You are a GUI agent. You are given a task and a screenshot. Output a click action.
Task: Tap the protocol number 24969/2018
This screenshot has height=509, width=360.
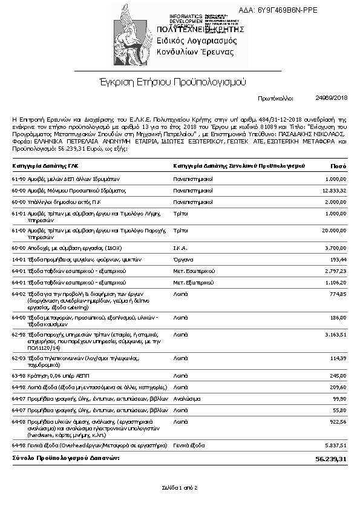(332, 97)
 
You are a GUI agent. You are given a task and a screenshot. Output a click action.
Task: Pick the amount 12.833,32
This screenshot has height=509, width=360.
(334, 190)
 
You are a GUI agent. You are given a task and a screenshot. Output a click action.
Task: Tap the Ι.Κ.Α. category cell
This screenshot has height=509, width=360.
(181, 248)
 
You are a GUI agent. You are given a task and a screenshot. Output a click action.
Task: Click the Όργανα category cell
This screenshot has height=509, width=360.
(182, 258)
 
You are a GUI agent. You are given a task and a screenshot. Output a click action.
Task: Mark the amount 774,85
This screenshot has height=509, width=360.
(338, 294)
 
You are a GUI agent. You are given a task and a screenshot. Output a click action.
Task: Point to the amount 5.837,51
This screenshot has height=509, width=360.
(335, 445)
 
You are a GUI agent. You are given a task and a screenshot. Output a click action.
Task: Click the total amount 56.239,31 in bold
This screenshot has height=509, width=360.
(331, 459)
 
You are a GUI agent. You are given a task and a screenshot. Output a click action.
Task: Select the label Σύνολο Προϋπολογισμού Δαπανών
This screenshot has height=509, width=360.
(66, 458)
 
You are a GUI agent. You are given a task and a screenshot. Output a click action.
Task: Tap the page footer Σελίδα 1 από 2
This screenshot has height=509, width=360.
(180, 487)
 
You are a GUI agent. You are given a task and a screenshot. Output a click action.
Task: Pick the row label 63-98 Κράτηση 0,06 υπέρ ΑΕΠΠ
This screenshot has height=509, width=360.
(47, 375)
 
